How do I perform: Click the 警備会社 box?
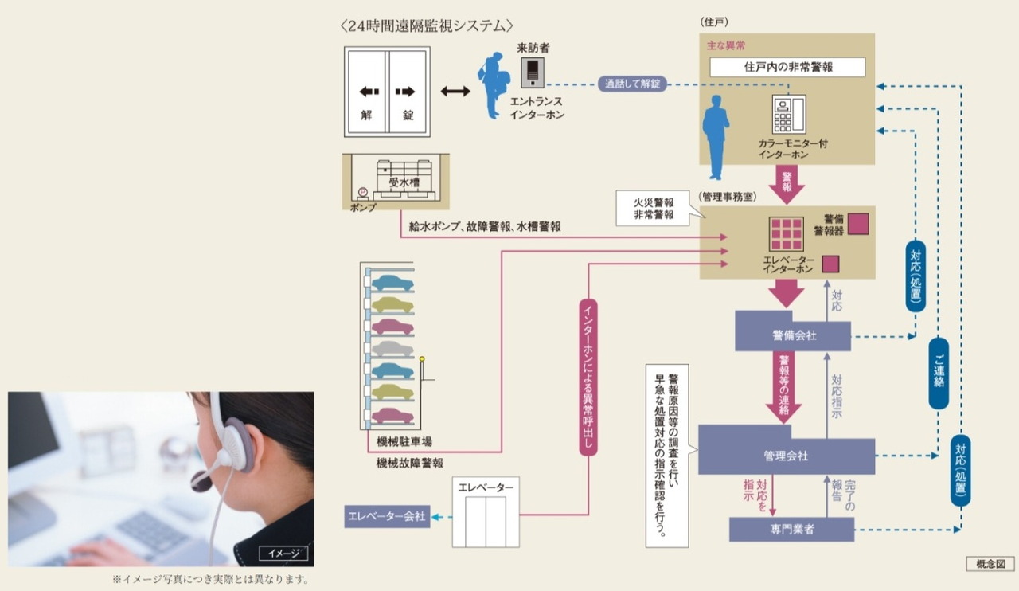[x=793, y=335]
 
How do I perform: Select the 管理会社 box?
[x=786, y=456]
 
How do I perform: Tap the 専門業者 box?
[x=792, y=529]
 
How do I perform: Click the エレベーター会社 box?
[x=388, y=517]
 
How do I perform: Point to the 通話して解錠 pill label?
[x=633, y=84]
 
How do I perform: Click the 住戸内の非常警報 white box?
[x=787, y=67]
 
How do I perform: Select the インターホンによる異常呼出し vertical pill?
[x=588, y=377]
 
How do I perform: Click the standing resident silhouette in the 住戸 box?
[x=716, y=137]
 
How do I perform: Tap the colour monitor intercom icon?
[x=788, y=114]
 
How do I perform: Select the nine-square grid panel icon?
[x=786, y=234]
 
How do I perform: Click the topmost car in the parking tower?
[x=392, y=283]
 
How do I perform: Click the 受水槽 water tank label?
[x=404, y=182]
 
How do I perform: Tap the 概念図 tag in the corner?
[x=990, y=564]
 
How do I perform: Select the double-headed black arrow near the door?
[x=455, y=92]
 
